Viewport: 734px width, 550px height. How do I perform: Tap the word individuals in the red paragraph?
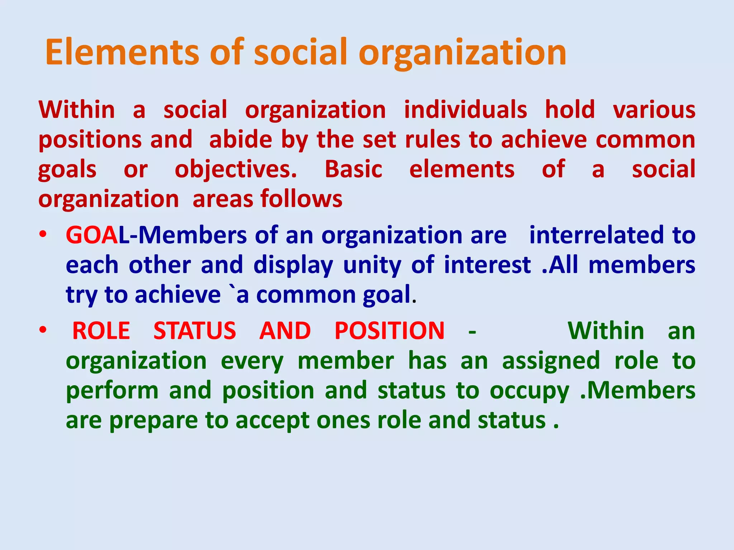[x=465, y=110]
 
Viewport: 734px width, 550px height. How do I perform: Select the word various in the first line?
[x=654, y=110]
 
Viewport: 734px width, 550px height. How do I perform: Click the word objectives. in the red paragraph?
[x=236, y=169]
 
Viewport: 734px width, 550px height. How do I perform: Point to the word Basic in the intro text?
[x=353, y=169]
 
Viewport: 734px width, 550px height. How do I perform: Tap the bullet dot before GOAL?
[x=43, y=235]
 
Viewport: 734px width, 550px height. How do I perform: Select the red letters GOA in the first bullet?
[x=92, y=236]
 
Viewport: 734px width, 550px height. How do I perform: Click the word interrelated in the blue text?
[x=596, y=236]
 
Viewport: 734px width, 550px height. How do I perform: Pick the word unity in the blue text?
[x=372, y=266]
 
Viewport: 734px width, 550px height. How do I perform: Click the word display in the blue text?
[x=293, y=266]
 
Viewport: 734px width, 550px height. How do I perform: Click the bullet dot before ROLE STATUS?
[x=43, y=330]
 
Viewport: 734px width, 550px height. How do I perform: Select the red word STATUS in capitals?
[x=195, y=331]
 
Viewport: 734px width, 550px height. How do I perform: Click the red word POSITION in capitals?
[x=390, y=331]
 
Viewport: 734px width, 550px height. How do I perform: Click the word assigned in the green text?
[x=551, y=361]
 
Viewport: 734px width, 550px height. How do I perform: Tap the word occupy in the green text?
[x=529, y=391]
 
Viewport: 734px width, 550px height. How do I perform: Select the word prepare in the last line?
[x=153, y=421]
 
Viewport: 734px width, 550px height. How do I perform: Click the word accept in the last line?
[x=272, y=421]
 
